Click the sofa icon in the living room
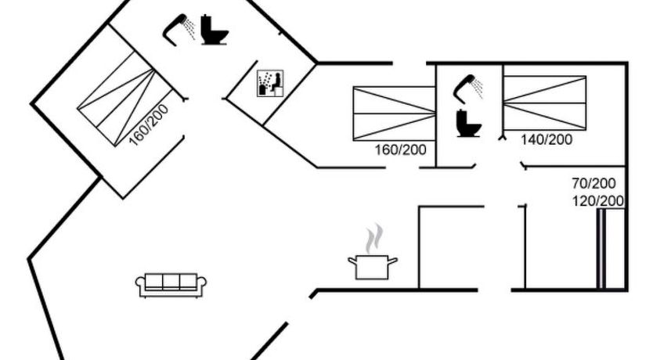pyautogui.click(x=171, y=285)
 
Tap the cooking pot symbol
pyautogui.click(x=373, y=265)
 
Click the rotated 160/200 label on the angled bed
pyautogui.click(x=149, y=124)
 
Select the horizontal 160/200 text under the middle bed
pyautogui.click(x=401, y=149)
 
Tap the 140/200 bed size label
pyautogui.click(x=547, y=139)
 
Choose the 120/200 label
pyautogui.click(x=597, y=201)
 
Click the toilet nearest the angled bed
pyautogui.click(x=213, y=30)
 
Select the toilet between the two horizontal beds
pyautogui.click(x=468, y=122)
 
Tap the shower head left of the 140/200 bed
pyautogui.click(x=467, y=85)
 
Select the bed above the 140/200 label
pyautogui.click(x=544, y=103)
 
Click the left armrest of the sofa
pyautogui.click(x=141, y=286)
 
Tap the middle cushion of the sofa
pyautogui.click(x=171, y=282)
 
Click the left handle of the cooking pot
pyautogui.click(x=352, y=261)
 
